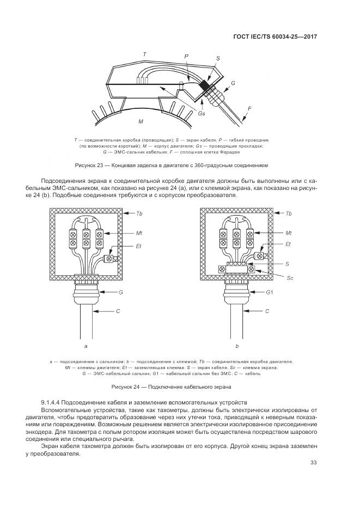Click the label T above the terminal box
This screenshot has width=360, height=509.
(144, 54)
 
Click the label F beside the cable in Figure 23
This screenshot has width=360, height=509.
(249, 109)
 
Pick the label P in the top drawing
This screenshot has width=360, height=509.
(186, 56)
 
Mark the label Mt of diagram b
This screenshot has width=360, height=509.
(289, 232)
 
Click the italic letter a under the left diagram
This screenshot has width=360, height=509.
(86, 346)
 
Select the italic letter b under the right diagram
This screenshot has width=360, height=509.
(237, 346)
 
